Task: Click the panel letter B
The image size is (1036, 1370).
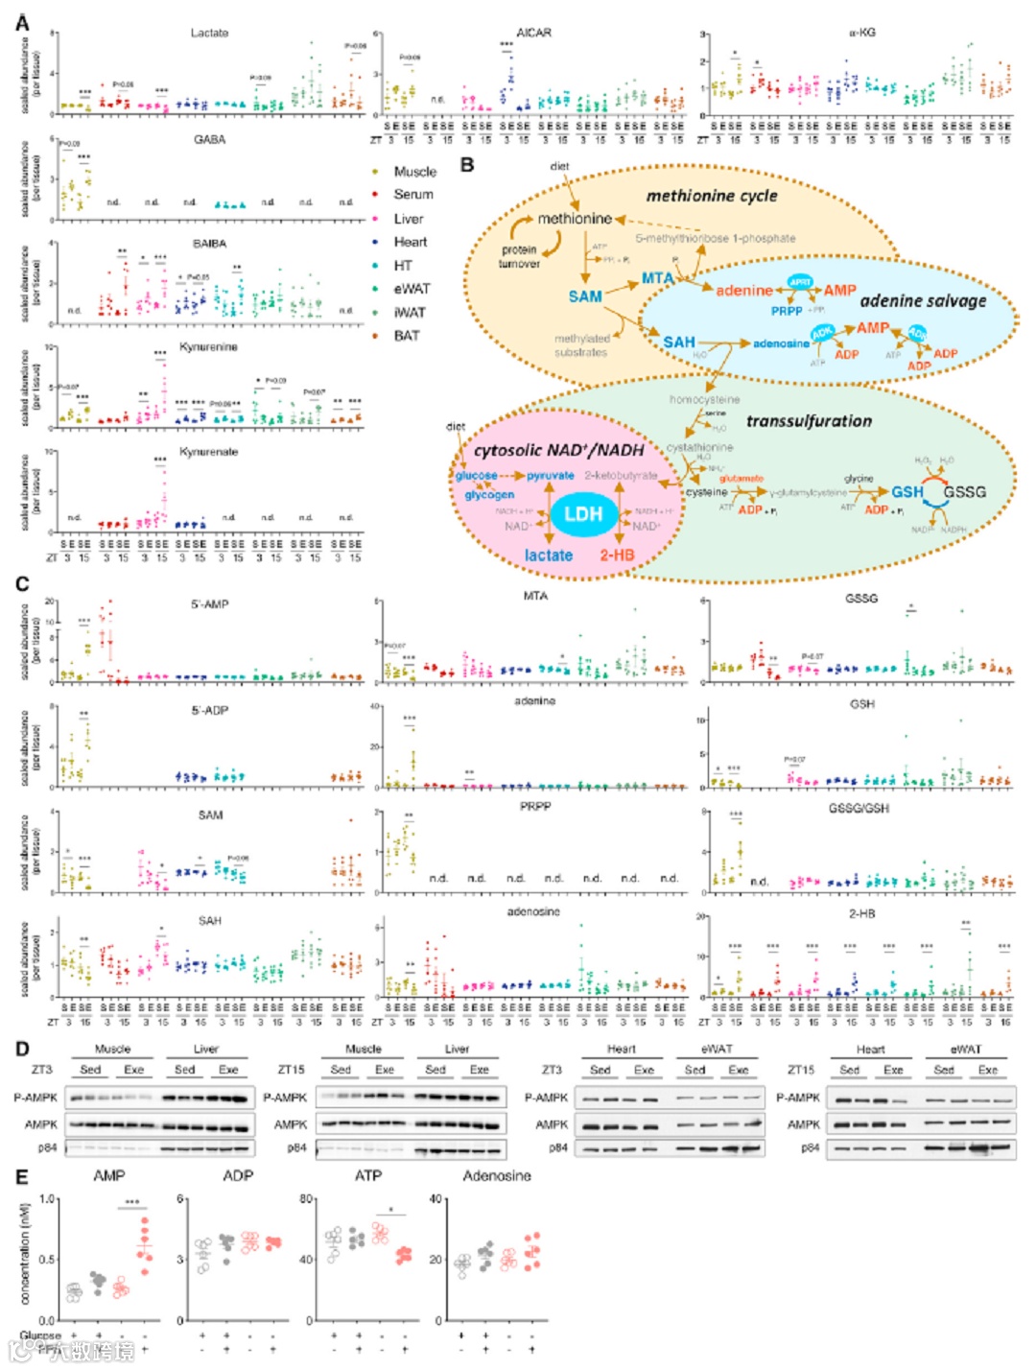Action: [467, 164]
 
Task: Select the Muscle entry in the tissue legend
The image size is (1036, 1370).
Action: [414, 172]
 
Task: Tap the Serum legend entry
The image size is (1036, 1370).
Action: [412, 195]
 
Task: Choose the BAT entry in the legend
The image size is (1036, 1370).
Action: [406, 336]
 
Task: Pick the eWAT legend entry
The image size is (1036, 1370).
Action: [412, 289]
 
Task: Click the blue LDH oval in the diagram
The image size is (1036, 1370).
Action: [582, 514]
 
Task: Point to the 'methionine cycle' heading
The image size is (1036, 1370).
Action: [711, 196]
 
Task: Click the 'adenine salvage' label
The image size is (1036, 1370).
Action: [923, 301]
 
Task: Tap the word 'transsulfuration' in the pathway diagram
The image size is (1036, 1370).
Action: [809, 421]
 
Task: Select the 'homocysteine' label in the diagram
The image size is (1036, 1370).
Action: [704, 399]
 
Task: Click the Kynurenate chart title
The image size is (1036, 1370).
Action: [208, 452]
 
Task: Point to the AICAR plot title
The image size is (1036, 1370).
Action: [533, 33]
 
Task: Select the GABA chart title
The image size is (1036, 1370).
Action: [209, 140]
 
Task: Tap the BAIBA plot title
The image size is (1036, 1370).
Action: [209, 244]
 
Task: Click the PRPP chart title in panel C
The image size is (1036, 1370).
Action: [535, 807]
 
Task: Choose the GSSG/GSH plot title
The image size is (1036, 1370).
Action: [859, 809]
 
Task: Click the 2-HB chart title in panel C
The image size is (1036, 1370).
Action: [861, 914]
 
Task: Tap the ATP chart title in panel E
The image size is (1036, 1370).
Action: [368, 1176]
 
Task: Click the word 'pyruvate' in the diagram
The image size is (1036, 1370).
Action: [551, 476]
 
